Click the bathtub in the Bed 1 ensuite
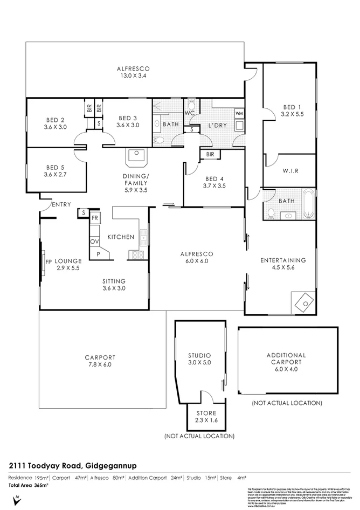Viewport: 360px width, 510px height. pos(307,203)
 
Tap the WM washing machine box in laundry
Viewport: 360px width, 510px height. pos(239,114)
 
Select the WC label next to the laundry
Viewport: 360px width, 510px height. pos(189,114)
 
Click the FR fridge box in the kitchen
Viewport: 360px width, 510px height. pos(95,218)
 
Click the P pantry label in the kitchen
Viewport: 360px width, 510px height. pos(98,253)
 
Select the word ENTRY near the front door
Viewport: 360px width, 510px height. pos(61,204)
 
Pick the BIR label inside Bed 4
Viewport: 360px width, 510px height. pos(210,155)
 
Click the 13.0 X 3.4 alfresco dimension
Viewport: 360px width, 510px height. pos(133,76)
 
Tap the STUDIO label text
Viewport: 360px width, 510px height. pos(199,356)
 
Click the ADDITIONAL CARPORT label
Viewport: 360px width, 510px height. pos(286,359)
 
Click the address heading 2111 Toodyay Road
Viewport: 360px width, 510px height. pos(61,465)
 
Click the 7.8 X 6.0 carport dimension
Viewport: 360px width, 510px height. pos(100,365)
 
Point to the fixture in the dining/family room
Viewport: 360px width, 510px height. pos(136,159)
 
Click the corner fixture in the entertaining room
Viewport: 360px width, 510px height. pos(302,301)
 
